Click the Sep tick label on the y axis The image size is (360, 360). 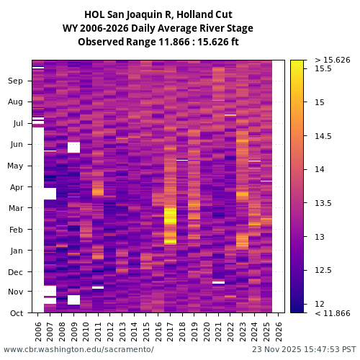(x=15, y=81)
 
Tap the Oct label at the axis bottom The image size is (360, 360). (x=16, y=313)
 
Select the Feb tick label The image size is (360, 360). (x=16, y=230)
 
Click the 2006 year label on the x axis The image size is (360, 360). (x=38, y=331)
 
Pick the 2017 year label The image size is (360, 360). (x=170, y=331)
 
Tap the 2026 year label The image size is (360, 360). (x=278, y=331)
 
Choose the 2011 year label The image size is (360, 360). (x=98, y=331)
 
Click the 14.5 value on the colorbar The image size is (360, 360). (x=323, y=136)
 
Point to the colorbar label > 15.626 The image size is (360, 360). (x=332, y=60)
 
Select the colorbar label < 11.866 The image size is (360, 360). (x=332, y=313)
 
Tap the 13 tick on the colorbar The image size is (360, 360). (x=318, y=237)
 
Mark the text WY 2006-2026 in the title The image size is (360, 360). (x=99, y=28)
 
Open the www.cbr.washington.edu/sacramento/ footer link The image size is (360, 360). (x=78, y=349)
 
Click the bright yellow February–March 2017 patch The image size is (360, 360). (x=170, y=216)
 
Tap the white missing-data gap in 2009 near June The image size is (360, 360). (x=73, y=148)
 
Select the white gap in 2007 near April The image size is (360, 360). (x=50, y=193)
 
